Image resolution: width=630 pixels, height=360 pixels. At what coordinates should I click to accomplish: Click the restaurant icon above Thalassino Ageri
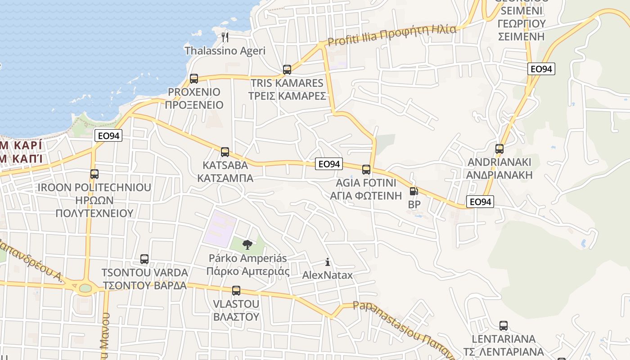point(225,36)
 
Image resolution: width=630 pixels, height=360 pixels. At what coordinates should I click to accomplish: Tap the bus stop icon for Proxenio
point(194,79)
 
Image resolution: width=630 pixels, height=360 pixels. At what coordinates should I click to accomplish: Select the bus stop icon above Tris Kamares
point(287,70)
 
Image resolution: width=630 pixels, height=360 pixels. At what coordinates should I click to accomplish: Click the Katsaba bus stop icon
point(225,152)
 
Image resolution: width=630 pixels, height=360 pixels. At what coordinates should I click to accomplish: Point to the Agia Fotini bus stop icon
point(366,170)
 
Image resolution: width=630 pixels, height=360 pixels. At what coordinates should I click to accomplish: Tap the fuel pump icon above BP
point(414,191)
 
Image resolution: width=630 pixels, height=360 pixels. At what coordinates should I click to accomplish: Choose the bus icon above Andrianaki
point(499,149)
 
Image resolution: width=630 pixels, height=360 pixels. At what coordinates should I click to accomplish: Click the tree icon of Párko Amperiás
point(247,245)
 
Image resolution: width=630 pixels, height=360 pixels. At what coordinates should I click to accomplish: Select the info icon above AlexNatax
point(328,262)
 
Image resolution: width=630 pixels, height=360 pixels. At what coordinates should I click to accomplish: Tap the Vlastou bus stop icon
point(236,291)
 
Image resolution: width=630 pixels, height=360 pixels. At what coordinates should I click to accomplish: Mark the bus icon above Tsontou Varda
point(144,259)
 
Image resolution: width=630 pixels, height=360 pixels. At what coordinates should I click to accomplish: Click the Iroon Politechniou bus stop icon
point(94,174)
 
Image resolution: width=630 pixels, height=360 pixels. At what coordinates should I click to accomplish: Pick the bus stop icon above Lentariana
point(504,326)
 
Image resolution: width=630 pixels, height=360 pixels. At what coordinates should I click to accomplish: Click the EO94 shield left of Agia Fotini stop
point(329,164)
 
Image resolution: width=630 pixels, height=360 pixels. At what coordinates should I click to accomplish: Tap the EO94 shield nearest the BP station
point(480,202)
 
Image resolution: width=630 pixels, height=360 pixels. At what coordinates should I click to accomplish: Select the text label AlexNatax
point(328,275)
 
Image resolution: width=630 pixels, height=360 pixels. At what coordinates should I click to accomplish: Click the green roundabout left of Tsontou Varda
point(85,288)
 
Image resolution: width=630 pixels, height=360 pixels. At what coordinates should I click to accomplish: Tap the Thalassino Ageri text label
point(225,51)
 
